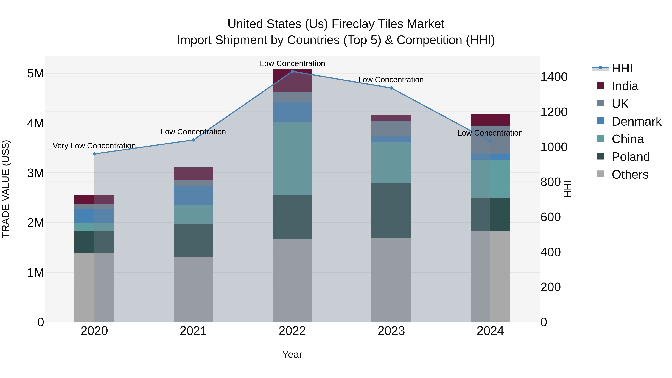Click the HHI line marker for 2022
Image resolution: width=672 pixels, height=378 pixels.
(x=292, y=71)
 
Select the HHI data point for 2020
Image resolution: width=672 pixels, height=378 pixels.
(x=94, y=154)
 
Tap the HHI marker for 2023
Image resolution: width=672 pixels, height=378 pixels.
(x=391, y=88)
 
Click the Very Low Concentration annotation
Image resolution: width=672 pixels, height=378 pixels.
(x=94, y=146)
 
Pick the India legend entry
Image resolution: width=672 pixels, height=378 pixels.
(x=625, y=86)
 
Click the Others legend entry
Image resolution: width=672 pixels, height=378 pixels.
(x=630, y=175)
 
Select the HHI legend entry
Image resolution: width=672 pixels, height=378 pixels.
(x=622, y=68)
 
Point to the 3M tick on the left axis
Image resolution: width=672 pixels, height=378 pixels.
(x=36, y=173)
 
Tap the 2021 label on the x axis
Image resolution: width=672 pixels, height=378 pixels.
(x=193, y=331)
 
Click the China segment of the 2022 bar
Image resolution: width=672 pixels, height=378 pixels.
(x=292, y=158)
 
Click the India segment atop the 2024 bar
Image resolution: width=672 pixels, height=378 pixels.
(x=490, y=120)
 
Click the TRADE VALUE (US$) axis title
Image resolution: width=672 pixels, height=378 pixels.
(x=6, y=189)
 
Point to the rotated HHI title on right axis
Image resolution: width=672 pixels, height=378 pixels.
(x=568, y=189)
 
